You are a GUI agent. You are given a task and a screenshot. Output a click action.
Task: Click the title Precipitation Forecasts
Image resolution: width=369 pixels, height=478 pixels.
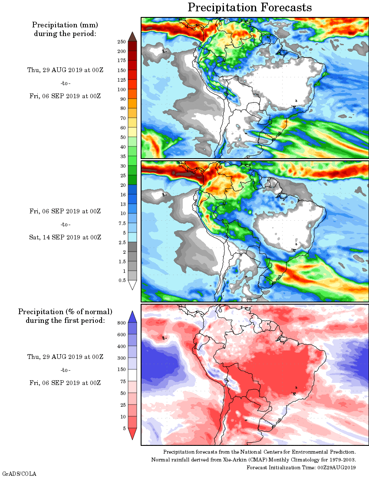coord(250,7)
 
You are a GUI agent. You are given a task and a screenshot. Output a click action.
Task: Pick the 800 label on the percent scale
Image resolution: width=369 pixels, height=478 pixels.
coord(121,323)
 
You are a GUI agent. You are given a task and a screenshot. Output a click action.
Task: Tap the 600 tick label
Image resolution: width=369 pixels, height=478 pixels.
coord(121,335)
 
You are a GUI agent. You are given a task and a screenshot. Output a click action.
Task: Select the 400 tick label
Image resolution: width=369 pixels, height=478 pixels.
coord(121,346)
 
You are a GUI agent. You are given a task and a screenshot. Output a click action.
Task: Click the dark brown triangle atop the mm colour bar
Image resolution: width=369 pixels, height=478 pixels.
coord(132,37)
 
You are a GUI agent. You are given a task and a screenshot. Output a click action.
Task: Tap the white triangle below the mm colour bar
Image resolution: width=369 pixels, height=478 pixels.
coord(132,285)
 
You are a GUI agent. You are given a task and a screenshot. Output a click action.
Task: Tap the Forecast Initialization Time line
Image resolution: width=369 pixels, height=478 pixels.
coord(301,468)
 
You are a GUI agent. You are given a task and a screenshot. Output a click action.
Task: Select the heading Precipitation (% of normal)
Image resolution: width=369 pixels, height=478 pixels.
coord(65,312)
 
